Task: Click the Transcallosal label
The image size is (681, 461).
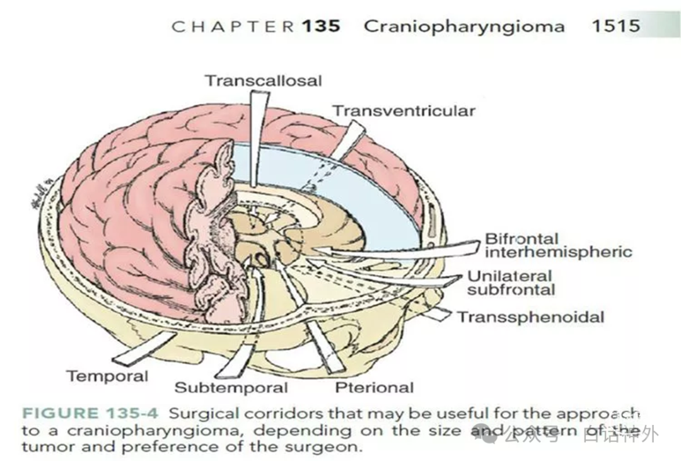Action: pos(263,81)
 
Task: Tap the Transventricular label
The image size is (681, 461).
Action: pos(404,111)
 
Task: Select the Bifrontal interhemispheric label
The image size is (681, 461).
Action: pos(557,246)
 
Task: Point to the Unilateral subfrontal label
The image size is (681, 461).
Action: pos(511,283)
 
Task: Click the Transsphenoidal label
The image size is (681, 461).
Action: pos(530,317)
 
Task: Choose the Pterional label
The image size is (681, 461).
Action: pos(375,387)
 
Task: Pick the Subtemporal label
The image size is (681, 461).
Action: pos(231,387)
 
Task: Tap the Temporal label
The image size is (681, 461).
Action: pos(107,376)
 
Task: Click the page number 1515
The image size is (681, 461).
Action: pos(615,26)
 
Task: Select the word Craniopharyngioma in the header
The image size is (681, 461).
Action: pos(464,26)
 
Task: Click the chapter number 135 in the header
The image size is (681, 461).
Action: pos(320,26)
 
